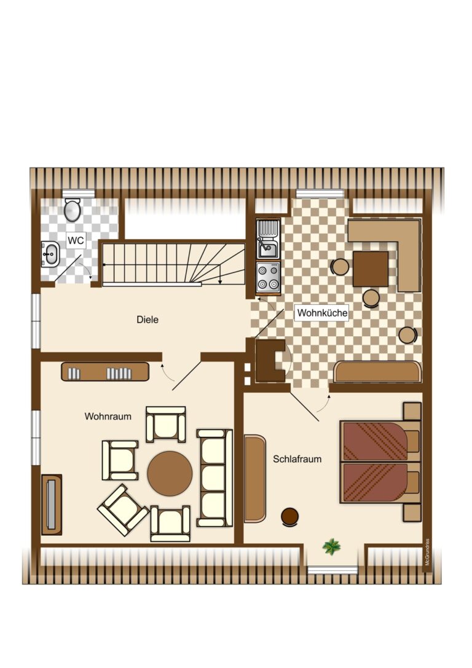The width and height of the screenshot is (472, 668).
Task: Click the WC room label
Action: [x=76, y=240]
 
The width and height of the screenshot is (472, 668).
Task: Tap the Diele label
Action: [x=147, y=320]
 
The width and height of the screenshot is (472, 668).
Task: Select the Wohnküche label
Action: [x=322, y=313]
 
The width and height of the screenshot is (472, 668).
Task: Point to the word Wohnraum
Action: [x=108, y=416]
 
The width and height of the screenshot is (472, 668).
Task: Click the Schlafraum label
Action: [x=297, y=459]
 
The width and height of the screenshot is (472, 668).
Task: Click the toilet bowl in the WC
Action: [x=72, y=210]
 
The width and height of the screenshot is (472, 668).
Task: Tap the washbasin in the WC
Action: [x=50, y=254]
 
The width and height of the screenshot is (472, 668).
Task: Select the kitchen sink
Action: [x=268, y=240]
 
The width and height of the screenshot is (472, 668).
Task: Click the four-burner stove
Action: [x=269, y=277]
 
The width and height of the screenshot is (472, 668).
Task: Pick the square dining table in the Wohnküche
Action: [x=371, y=269]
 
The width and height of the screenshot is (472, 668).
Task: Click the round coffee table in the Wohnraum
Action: [x=170, y=473]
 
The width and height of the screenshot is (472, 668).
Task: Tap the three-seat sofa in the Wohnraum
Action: [x=214, y=478]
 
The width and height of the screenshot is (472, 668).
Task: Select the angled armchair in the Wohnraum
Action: [x=123, y=509]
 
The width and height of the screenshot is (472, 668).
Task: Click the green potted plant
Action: [x=331, y=546]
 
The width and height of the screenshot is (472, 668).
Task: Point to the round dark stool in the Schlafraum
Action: [x=289, y=517]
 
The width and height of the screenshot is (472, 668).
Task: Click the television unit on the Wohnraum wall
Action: [x=52, y=505]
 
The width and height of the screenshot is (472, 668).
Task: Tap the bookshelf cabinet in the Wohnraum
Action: [x=105, y=372]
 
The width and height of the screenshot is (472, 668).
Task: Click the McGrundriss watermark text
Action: [x=427, y=552]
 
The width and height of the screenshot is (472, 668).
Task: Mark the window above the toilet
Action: [x=78, y=194]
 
